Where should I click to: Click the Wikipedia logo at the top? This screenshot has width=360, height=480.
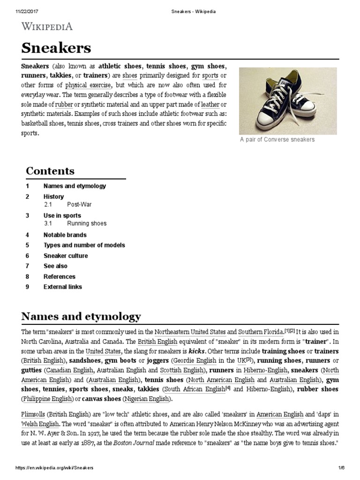pyautogui.click(x=47, y=26)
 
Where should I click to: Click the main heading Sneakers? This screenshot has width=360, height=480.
pyautogui.click(x=56, y=48)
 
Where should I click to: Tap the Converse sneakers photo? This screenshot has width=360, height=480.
pyautogui.click(x=287, y=101)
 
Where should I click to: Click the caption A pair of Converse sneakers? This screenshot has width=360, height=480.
pyautogui.click(x=277, y=140)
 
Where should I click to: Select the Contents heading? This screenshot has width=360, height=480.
pyautogui.click(x=50, y=171)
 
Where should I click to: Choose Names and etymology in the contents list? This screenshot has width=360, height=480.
pyautogui.click(x=75, y=186)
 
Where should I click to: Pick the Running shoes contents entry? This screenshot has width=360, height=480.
pyautogui.click(x=87, y=224)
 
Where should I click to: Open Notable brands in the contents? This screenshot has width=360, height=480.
pyautogui.click(x=65, y=235)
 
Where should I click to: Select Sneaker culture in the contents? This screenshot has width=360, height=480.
pyautogui.click(x=66, y=256)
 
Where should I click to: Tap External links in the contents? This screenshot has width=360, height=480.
pyautogui.click(x=62, y=287)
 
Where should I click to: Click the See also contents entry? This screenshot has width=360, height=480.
pyautogui.click(x=55, y=266)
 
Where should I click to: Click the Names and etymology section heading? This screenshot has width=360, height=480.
pyautogui.click(x=81, y=316)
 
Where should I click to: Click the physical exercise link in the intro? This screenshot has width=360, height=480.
pyautogui.click(x=88, y=85)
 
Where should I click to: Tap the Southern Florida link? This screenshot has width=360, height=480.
pyautogui.click(x=261, y=331)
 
